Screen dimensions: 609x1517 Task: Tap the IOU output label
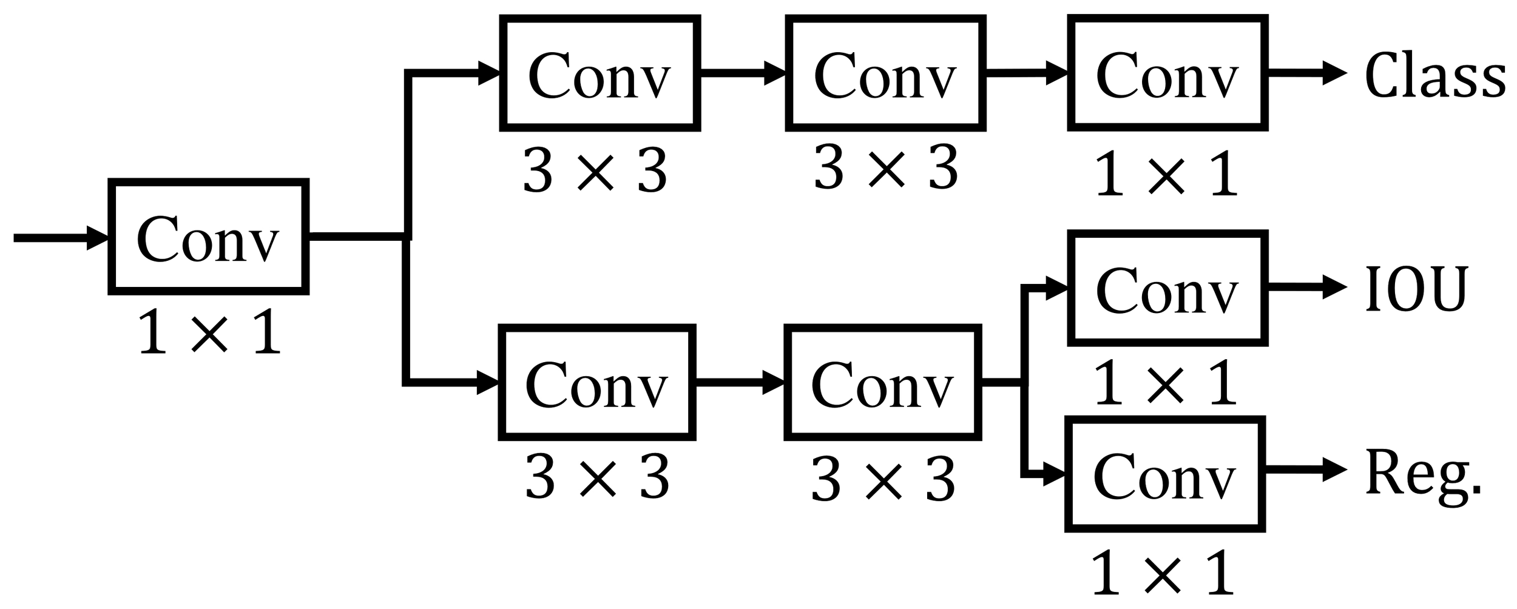click(x=1416, y=289)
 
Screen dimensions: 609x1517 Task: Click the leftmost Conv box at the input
click(x=208, y=237)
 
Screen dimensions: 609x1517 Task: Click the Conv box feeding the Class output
click(x=1167, y=73)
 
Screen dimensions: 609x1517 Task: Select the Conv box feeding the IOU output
click(x=1167, y=288)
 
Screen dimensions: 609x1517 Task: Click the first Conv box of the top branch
click(x=600, y=73)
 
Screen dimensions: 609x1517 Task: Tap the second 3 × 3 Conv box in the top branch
click(x=885, y=73)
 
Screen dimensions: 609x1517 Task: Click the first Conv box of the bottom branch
click(x=596, y=383)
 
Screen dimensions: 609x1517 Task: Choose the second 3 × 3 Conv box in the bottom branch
click(x=882, y=383)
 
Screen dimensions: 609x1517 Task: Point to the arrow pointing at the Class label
click(x=1305, y=73)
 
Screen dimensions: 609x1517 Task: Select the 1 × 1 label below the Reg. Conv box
click(x=1163, y=573)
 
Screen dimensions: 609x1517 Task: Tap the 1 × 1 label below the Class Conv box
click(x=1166, y=175)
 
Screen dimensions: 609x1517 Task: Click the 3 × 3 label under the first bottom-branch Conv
click(x=597, y=479)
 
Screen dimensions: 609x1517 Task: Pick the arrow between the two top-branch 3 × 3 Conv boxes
click(x=743, y=73)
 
